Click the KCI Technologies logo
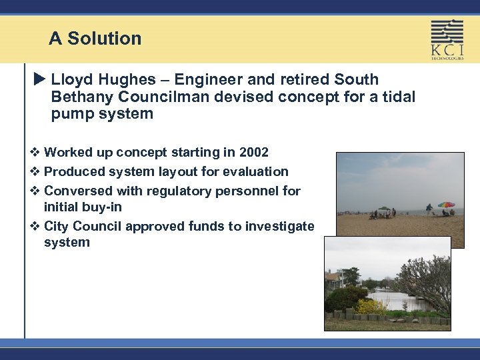(x=447, y=39)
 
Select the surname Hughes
(x=123, y=80)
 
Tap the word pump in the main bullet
(x=72, y=114)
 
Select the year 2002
(x=253, y=153)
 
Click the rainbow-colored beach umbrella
(x=446, y=205)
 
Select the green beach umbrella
(x=383, y=207)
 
